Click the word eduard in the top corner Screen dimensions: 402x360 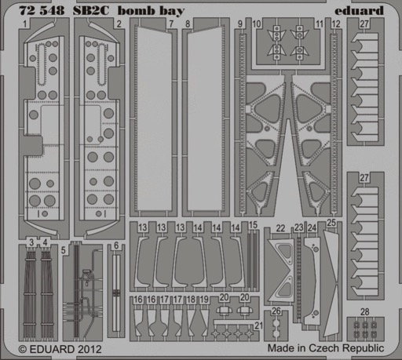(x=359, y=10)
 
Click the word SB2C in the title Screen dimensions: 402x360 (x=91, y=11)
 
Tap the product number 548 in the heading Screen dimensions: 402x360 (x=52, y=11)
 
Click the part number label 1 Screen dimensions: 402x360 (x=25, y=24)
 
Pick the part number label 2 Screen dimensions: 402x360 (x=119, y=24)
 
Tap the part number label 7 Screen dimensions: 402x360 (x=171, y=24)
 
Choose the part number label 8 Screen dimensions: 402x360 (x=188, y=24)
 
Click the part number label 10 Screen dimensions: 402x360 (x=257, y=24)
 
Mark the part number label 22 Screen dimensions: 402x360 (x=280, y=228)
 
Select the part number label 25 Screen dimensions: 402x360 (x=331, y=223)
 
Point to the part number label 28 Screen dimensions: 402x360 (x=365, y=311)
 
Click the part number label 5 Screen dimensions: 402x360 (x=64, y=250)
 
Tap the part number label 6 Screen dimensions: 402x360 (x=116, y=245)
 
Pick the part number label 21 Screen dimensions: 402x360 (x=258, y=325)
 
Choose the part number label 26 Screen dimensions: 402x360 (x=276, y=311)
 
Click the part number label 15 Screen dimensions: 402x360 (x=253, y=225)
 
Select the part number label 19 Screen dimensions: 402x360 (x=204, y=300)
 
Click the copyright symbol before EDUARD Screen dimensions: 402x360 (x=23, y=350)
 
